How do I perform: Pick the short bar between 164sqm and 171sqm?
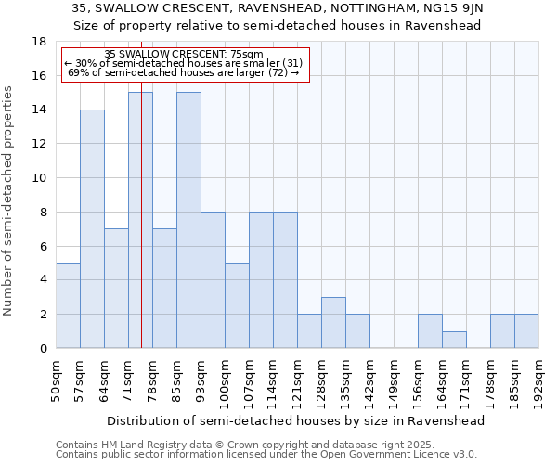point(454,340)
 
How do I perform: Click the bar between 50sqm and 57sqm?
point(68,305)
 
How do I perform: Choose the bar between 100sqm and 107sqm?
point(237,305)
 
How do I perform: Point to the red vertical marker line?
point(141,232)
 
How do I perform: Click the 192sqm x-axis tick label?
point(538,379)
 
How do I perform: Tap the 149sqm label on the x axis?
point(394,379)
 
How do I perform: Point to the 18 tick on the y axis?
point(39,42)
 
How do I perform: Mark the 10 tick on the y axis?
point(39,178)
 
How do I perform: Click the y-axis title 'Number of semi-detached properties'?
point(9,200)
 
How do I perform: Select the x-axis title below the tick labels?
point(297,420)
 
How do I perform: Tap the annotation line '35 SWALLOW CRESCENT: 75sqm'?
point(184,54)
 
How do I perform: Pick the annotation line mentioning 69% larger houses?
point(184,72)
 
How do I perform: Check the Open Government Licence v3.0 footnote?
point(266,455)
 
